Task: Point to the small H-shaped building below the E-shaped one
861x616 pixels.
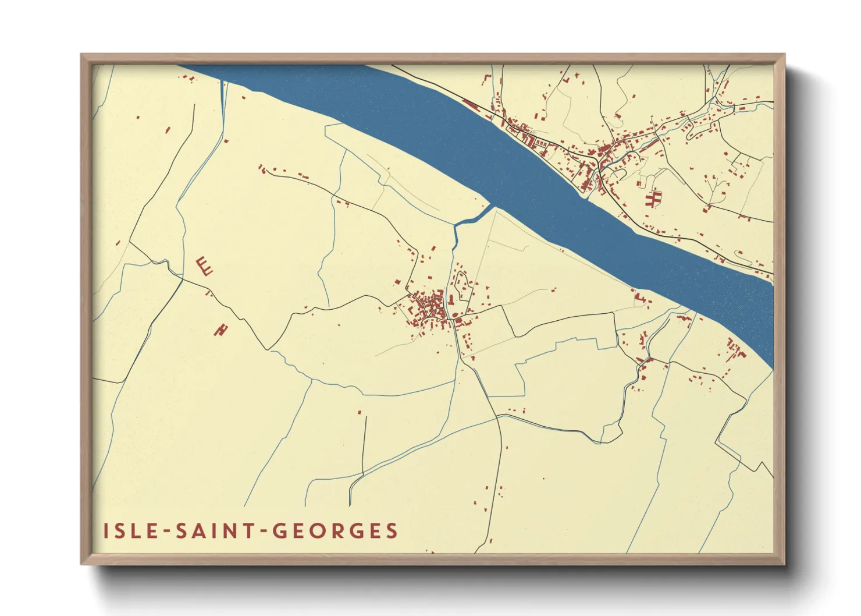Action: (220, 330)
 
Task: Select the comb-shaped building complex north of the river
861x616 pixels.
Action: (653, 199)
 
